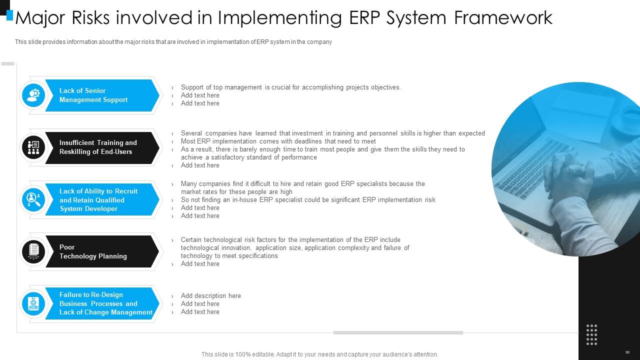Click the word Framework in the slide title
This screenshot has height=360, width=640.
coord(503,17)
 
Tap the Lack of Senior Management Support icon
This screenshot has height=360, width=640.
coord(33,95)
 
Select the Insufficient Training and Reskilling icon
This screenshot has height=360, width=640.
coord(33,147)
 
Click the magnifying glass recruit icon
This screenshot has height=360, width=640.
coord(33,199)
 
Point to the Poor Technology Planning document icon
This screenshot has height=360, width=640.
coord(33,251)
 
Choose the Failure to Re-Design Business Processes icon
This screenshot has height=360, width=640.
coord(33,303)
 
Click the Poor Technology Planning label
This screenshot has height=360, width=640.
coord(93,251)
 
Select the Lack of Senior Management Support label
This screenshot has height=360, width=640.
coord(93,95)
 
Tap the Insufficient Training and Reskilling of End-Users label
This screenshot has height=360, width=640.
coord(98,147)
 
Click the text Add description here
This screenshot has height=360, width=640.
coord(211,295)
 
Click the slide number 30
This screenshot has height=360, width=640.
coord(627,352)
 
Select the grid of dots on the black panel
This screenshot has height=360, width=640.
coord(591,335)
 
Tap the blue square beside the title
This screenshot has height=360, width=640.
coord(9,15)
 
